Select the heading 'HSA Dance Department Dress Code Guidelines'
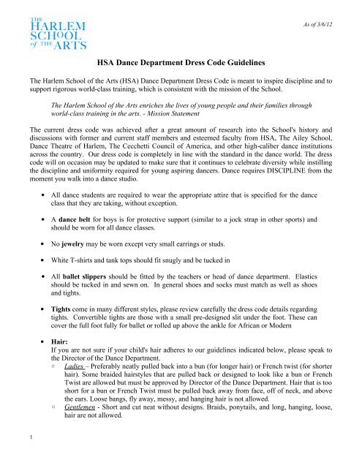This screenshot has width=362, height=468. click(x=180, y=64)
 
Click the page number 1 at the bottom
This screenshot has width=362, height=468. click(x=15, y=457)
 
